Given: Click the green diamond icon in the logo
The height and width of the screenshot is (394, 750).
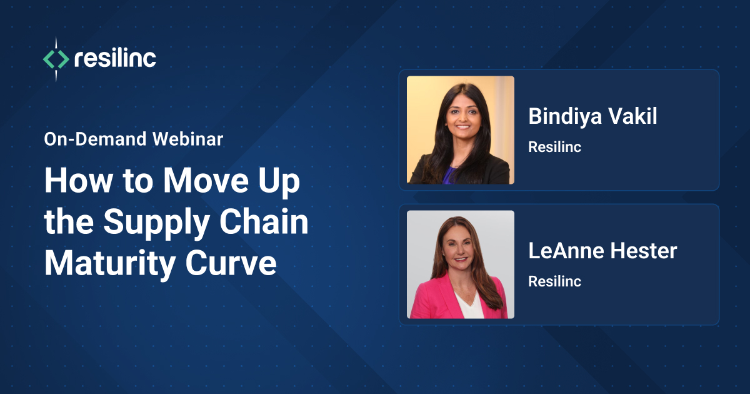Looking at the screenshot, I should pyautogui.click(x=56, y=59).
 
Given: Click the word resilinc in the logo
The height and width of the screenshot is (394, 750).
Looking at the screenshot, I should pyautogui.click(x=114, y=59).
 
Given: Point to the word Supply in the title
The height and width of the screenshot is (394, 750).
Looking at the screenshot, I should pyautogui.click(x=154, y=223).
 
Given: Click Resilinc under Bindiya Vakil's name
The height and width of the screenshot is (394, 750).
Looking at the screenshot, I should pyautogui.click(x=554, y=147).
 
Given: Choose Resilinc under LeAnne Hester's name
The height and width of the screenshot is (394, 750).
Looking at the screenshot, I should pyautogui.click(x=554, y=281).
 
